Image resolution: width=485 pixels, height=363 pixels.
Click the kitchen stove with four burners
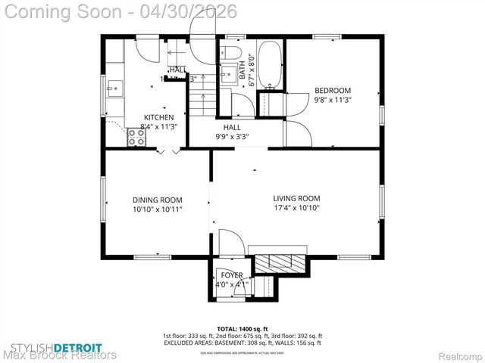(137, 137)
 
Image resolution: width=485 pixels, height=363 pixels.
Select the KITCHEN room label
(159, 117)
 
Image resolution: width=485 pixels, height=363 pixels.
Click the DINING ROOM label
(156, 200)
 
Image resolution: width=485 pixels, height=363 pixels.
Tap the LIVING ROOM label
(296, 198)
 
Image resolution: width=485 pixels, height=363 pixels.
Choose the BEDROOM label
(333, 88)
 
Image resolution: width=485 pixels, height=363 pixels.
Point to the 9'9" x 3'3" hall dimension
(232, 137)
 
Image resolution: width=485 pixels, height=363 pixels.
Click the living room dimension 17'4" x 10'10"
(296, 208)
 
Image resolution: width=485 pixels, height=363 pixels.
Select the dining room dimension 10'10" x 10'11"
(156, 209)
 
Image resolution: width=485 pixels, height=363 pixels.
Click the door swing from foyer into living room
(231, 242)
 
